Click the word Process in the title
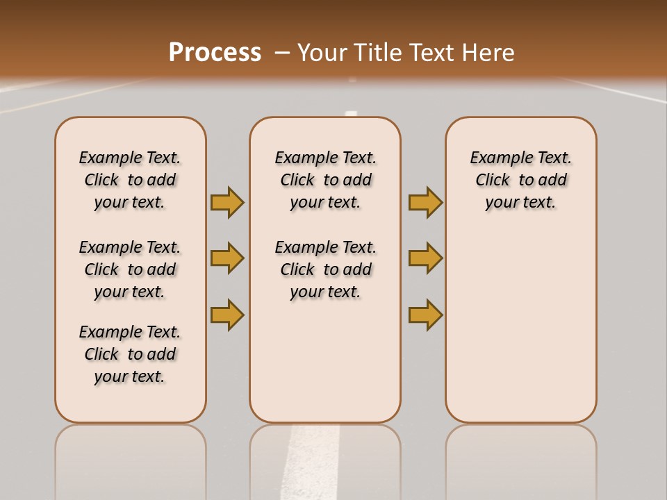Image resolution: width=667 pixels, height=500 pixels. [x=215, y=52]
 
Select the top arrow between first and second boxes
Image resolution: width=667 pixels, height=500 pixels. [x=227, y=202]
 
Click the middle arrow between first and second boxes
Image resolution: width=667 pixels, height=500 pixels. [x=227, y=258]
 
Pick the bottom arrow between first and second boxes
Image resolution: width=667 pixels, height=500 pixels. [x=227, y=315]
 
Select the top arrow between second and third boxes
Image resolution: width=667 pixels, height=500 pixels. [x=425, y=202]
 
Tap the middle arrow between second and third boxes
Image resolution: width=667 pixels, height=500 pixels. [x=425, y=258]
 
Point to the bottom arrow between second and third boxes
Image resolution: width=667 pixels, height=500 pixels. [x=425, y=315]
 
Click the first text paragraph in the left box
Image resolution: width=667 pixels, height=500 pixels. [x=130, y=180]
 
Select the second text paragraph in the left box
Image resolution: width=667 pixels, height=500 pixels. [x=130, y=269]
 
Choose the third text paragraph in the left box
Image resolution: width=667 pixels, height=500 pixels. [x=130, y=354]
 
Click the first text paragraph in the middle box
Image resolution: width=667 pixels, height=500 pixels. [x=325, y=180]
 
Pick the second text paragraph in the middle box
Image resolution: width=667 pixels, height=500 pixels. [x=325, y=269]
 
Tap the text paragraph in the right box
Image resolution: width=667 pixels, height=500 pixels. [x=520, y=180]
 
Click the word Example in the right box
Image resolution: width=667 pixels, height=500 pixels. [x=495, y=158]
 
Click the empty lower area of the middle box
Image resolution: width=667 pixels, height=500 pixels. [x=325, y=361]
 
